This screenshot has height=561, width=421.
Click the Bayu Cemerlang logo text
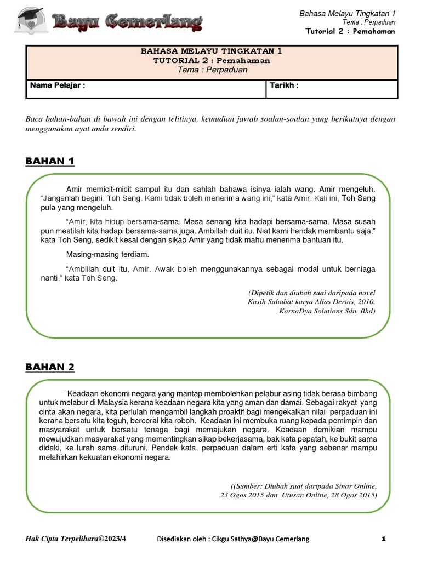click(127, 22)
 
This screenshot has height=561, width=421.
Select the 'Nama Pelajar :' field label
click(58, 85)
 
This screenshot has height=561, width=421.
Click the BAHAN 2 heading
click(50, 367)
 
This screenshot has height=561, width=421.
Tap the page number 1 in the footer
click(384, 539)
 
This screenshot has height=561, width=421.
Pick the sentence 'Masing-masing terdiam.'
click(107, 255)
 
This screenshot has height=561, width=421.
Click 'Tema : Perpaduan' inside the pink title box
click(212, 70)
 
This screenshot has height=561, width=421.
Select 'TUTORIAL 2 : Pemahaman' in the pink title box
click(212, 60)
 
